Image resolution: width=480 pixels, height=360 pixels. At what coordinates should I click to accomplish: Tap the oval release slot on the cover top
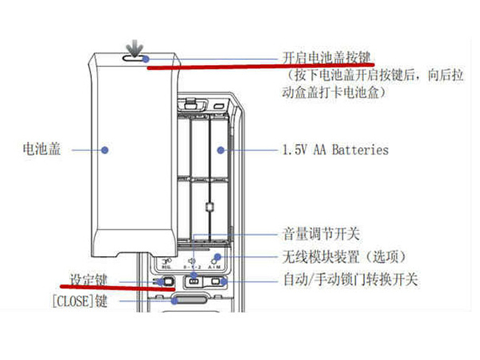(x=135, y=58)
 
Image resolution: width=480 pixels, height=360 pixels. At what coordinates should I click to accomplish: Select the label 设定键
(x=89, y=280)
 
